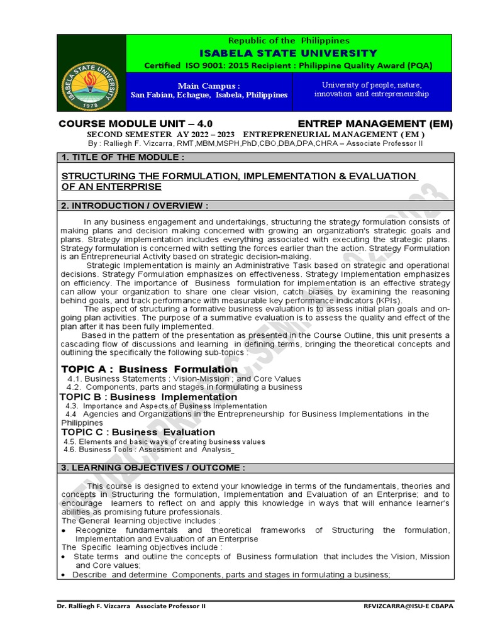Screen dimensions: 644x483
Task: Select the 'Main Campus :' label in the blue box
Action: click(x=209, y=85)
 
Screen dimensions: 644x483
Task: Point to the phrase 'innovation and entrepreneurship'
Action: click(x=372, y=94)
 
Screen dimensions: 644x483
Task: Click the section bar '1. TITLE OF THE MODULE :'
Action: click(x=123, y=157)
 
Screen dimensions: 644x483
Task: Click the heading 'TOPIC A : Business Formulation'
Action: click(x=150, y=369)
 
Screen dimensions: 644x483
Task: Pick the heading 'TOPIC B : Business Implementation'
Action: click(x=148, y=397)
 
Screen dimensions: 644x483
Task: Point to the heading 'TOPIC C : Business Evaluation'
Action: click(x=138, y=432)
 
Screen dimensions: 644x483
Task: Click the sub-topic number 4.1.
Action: click(x=74, y=379)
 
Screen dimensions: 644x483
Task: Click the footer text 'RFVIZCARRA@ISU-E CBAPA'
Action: click(x=408, y=606)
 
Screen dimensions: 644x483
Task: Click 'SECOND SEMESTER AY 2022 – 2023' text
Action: click(x=161, y=135)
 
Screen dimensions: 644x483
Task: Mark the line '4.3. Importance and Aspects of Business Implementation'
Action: click(x=166, y=406)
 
